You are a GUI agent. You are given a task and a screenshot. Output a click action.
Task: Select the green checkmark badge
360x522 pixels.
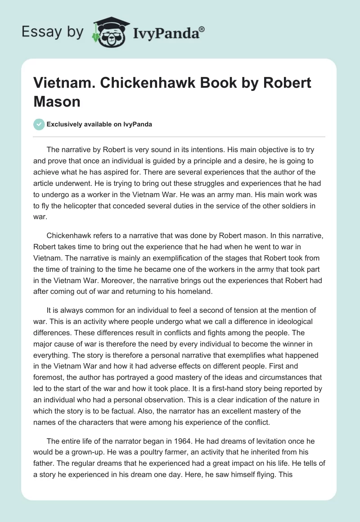click(x=40, y=124)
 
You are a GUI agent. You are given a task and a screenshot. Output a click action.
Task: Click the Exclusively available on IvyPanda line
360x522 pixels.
click(x=99, y=124)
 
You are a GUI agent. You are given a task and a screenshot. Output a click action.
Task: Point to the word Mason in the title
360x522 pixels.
click(x=57, y=101)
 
